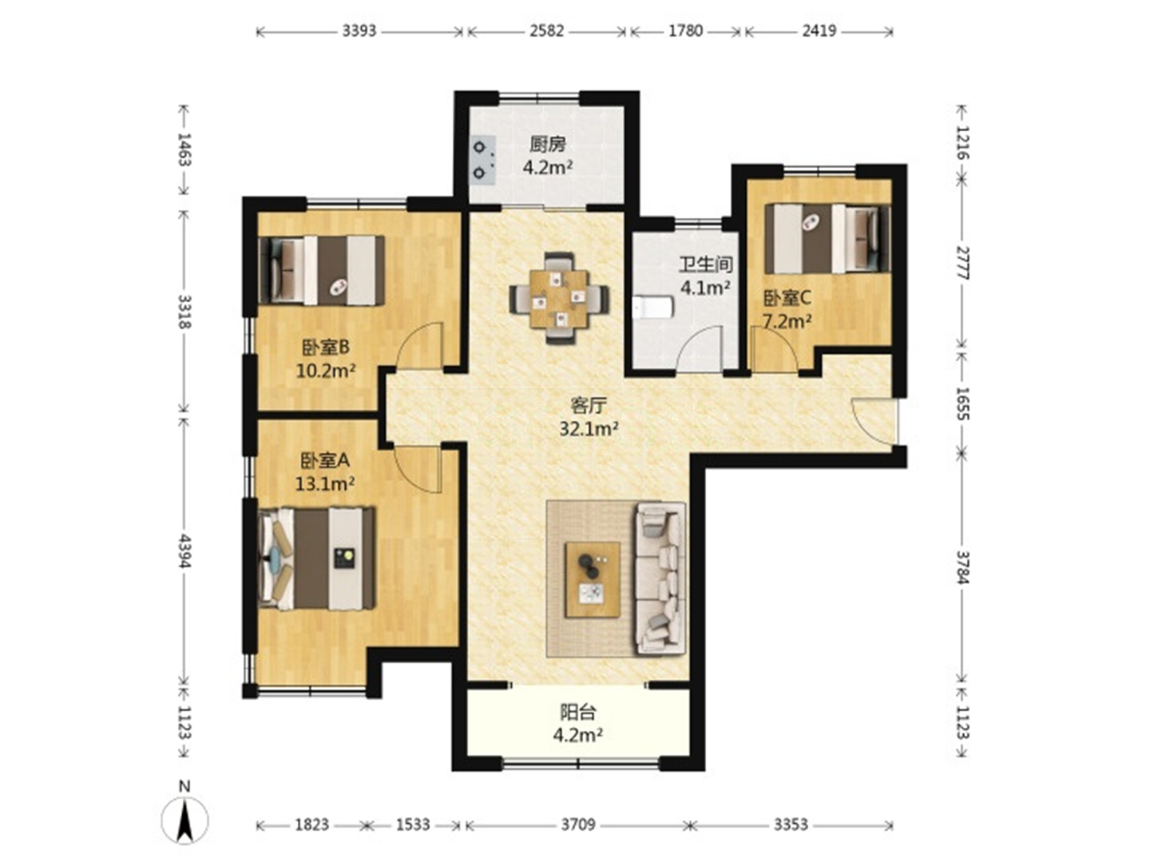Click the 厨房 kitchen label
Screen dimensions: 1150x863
(x=548, y=143)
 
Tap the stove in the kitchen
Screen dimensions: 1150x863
(x=482, y=161)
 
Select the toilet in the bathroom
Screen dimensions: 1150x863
(x=652, y=308)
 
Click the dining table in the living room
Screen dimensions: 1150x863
(x=559, y=299)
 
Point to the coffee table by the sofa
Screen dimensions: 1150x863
(x=592, y=579)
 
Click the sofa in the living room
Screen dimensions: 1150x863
(x=660, y=579)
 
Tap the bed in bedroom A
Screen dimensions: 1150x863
(x=317, y=558)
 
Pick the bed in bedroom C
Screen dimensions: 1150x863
(x=827, y=238)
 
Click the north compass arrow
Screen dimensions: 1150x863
(x=184, y=821)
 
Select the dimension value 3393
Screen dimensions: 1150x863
(x=359, y=31)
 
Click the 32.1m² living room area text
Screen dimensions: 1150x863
(x=589, y=429)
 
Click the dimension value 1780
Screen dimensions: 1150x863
(x=685, y=31)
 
